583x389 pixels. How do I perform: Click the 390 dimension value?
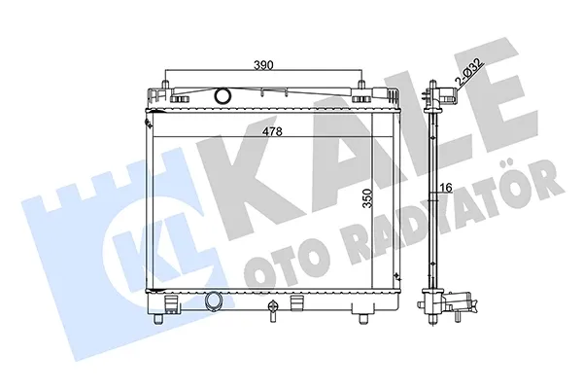coord(263,65)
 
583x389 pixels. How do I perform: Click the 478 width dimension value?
coord(272,131)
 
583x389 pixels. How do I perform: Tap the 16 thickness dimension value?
coord(447,188)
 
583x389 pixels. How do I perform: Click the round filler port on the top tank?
coord(223,95)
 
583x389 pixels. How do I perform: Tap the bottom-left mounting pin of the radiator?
coord(158,318)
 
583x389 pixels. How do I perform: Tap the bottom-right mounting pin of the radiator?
coord(362,318)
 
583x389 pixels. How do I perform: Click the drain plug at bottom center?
coord(273,308)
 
